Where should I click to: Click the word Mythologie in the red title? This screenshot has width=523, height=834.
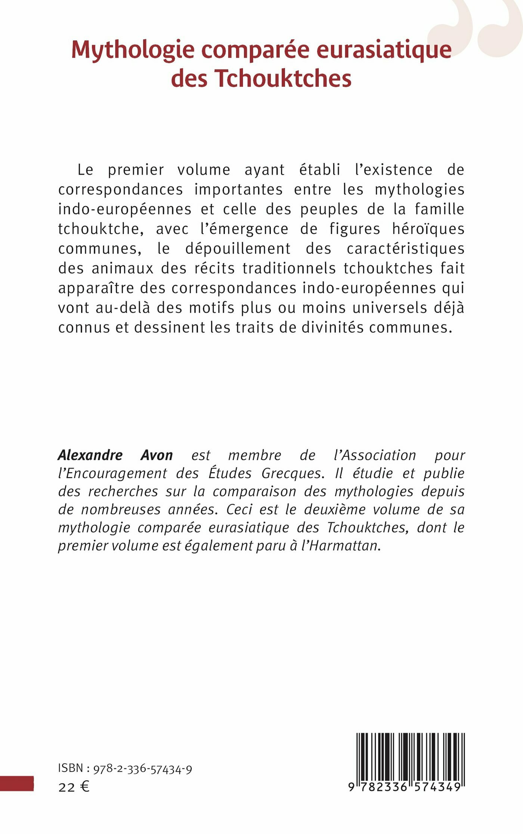(x=133, y=50)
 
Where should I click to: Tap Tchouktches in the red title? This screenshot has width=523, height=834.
(x=283, y=79)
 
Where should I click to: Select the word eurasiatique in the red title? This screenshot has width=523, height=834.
(x=384, y=50)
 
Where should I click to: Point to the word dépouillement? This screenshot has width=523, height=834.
(x=238, y=249)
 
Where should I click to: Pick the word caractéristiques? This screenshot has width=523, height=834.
(x=406, y=249)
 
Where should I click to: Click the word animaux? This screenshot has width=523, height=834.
(x=123, y=268)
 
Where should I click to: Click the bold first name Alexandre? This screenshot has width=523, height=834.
(x=90, y=455)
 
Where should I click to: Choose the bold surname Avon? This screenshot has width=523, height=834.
(x=157, y=455)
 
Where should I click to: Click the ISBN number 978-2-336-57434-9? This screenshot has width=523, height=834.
(x=143, y=769)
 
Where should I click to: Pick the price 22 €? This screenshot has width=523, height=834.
(x=74, y=787)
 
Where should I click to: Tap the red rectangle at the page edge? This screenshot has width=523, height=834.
(x=17, y=784)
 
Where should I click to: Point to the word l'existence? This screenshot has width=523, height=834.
(x=394, y=170)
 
